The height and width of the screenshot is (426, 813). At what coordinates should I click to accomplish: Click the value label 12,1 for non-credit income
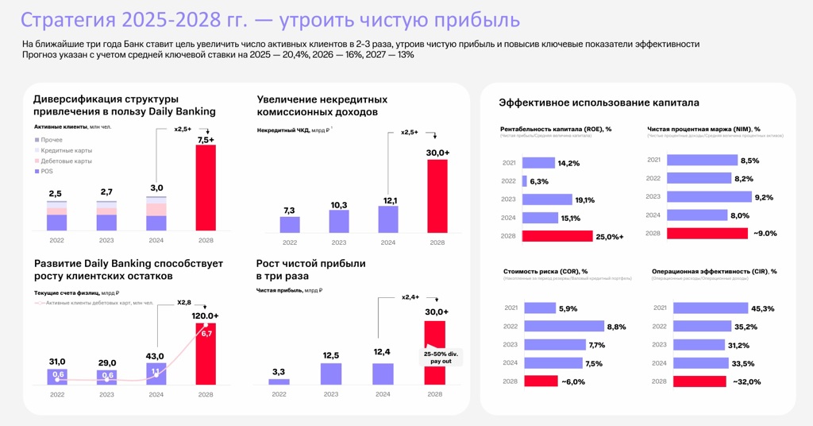point(388,200)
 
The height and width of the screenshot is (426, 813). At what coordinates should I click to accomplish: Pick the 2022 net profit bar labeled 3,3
point(279,381)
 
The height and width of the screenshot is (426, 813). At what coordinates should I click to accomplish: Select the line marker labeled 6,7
point(206,333)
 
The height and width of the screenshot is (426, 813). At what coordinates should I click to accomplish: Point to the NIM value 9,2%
point(764,197)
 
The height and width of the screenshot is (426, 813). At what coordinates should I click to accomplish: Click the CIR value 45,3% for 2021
point(762,308)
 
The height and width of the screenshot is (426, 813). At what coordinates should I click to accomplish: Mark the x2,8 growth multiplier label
point(184,302)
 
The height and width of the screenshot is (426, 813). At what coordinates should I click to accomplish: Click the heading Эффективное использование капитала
point(599,103)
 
